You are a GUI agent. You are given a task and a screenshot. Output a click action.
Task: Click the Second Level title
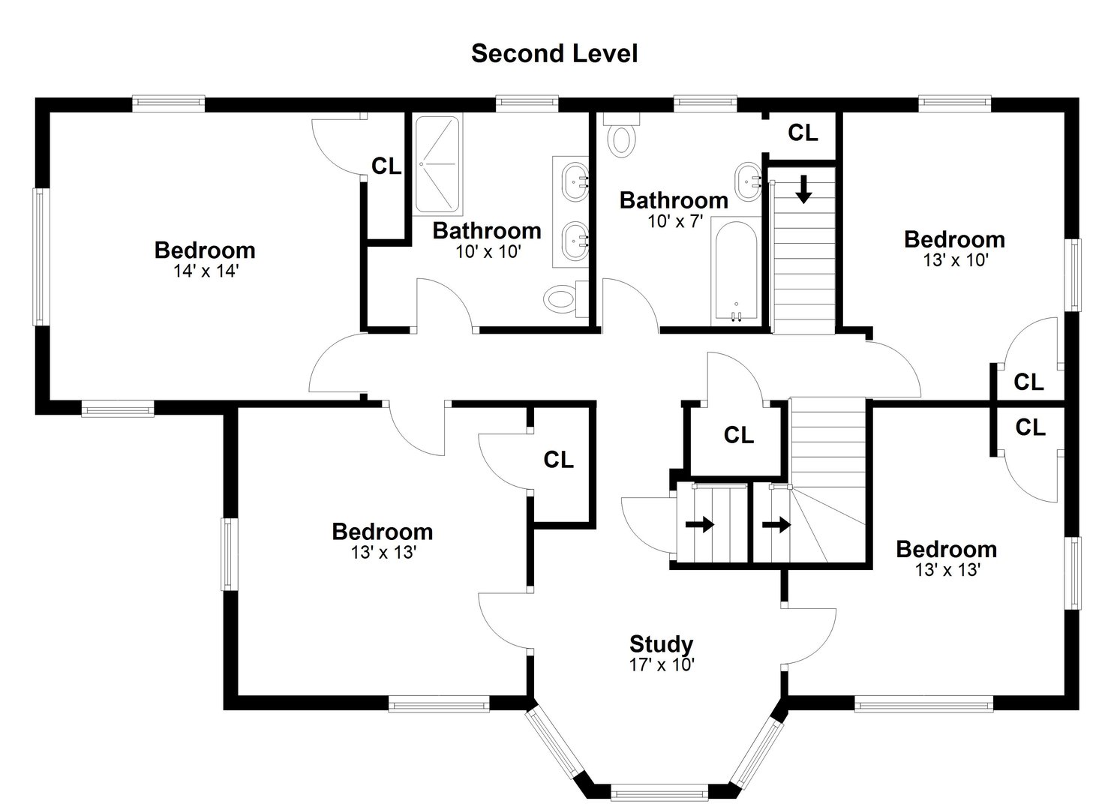pos(554,53)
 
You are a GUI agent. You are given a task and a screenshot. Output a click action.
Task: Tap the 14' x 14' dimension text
pos(205,271)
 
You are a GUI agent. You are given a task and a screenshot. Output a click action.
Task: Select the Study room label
pos(660,643)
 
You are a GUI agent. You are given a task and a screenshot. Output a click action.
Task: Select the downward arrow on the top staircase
pos(803,189)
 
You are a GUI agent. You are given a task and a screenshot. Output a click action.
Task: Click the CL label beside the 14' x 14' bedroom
pos(386,166)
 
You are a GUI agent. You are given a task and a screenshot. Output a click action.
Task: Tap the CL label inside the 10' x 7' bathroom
pos(802,133)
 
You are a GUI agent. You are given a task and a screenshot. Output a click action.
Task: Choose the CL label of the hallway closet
pos(738,435)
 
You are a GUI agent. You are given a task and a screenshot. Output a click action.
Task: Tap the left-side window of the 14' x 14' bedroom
pos(39,256)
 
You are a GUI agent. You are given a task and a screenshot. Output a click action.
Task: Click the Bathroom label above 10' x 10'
pos(486,230)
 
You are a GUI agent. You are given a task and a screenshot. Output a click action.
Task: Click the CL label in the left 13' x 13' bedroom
pos(558,460)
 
